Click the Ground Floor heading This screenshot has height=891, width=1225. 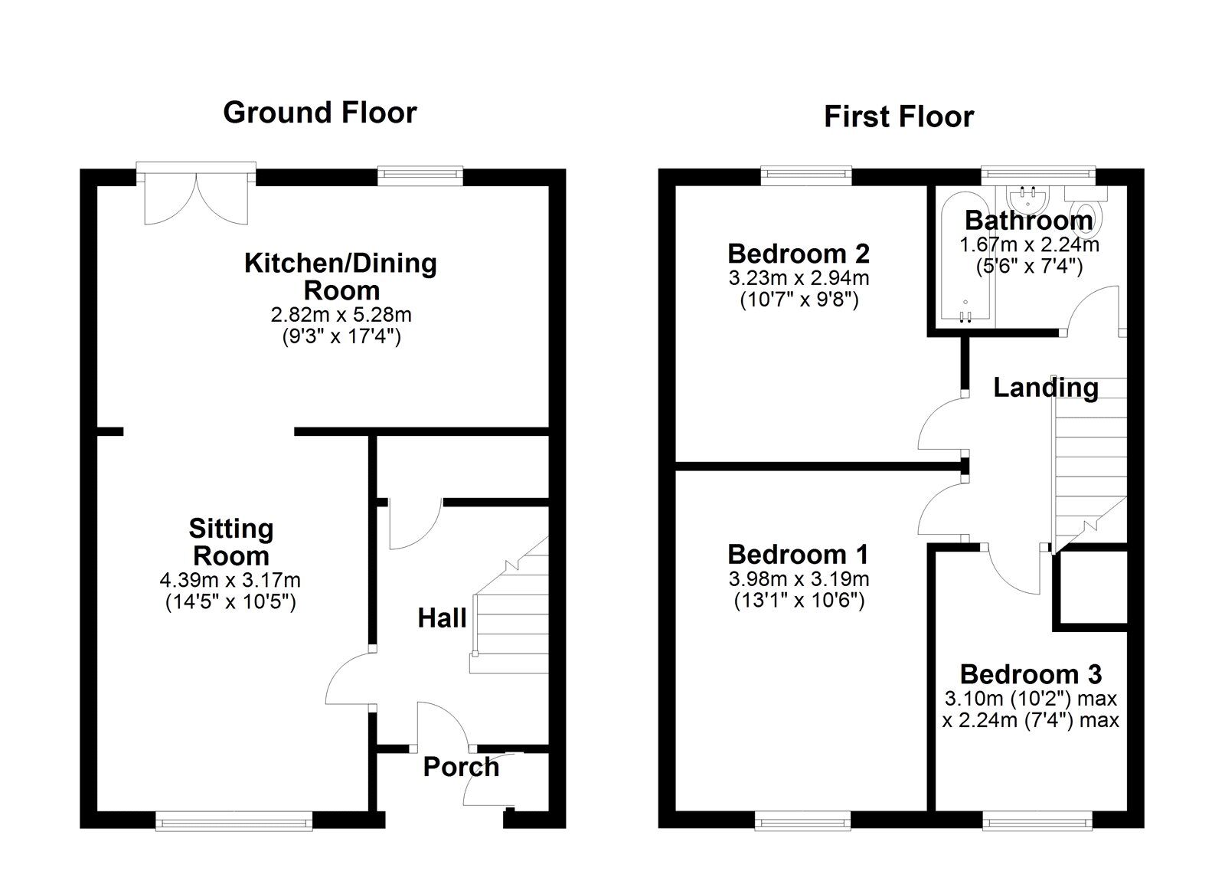click(320, 113)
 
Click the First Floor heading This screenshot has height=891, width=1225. click(898, 117)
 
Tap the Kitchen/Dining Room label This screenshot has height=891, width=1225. click(341, 277)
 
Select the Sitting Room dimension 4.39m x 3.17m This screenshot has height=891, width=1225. click(230, 581)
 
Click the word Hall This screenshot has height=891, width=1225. click(442, 617)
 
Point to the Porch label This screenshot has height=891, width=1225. click(461, 767)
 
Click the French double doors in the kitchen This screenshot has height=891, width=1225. click(197, 198)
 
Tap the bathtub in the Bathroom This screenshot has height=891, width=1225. click(965, 260)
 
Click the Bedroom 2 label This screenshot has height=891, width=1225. click(799, 253)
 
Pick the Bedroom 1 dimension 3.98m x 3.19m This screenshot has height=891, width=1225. click(799, 579)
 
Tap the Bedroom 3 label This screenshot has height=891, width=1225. click(1031, 674)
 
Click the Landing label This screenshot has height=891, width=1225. click(1045, 388)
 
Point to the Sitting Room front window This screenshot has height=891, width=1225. click(234, 822)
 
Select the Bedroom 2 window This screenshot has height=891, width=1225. click(806, 175)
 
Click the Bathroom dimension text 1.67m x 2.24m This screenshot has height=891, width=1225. click(1029, 245)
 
